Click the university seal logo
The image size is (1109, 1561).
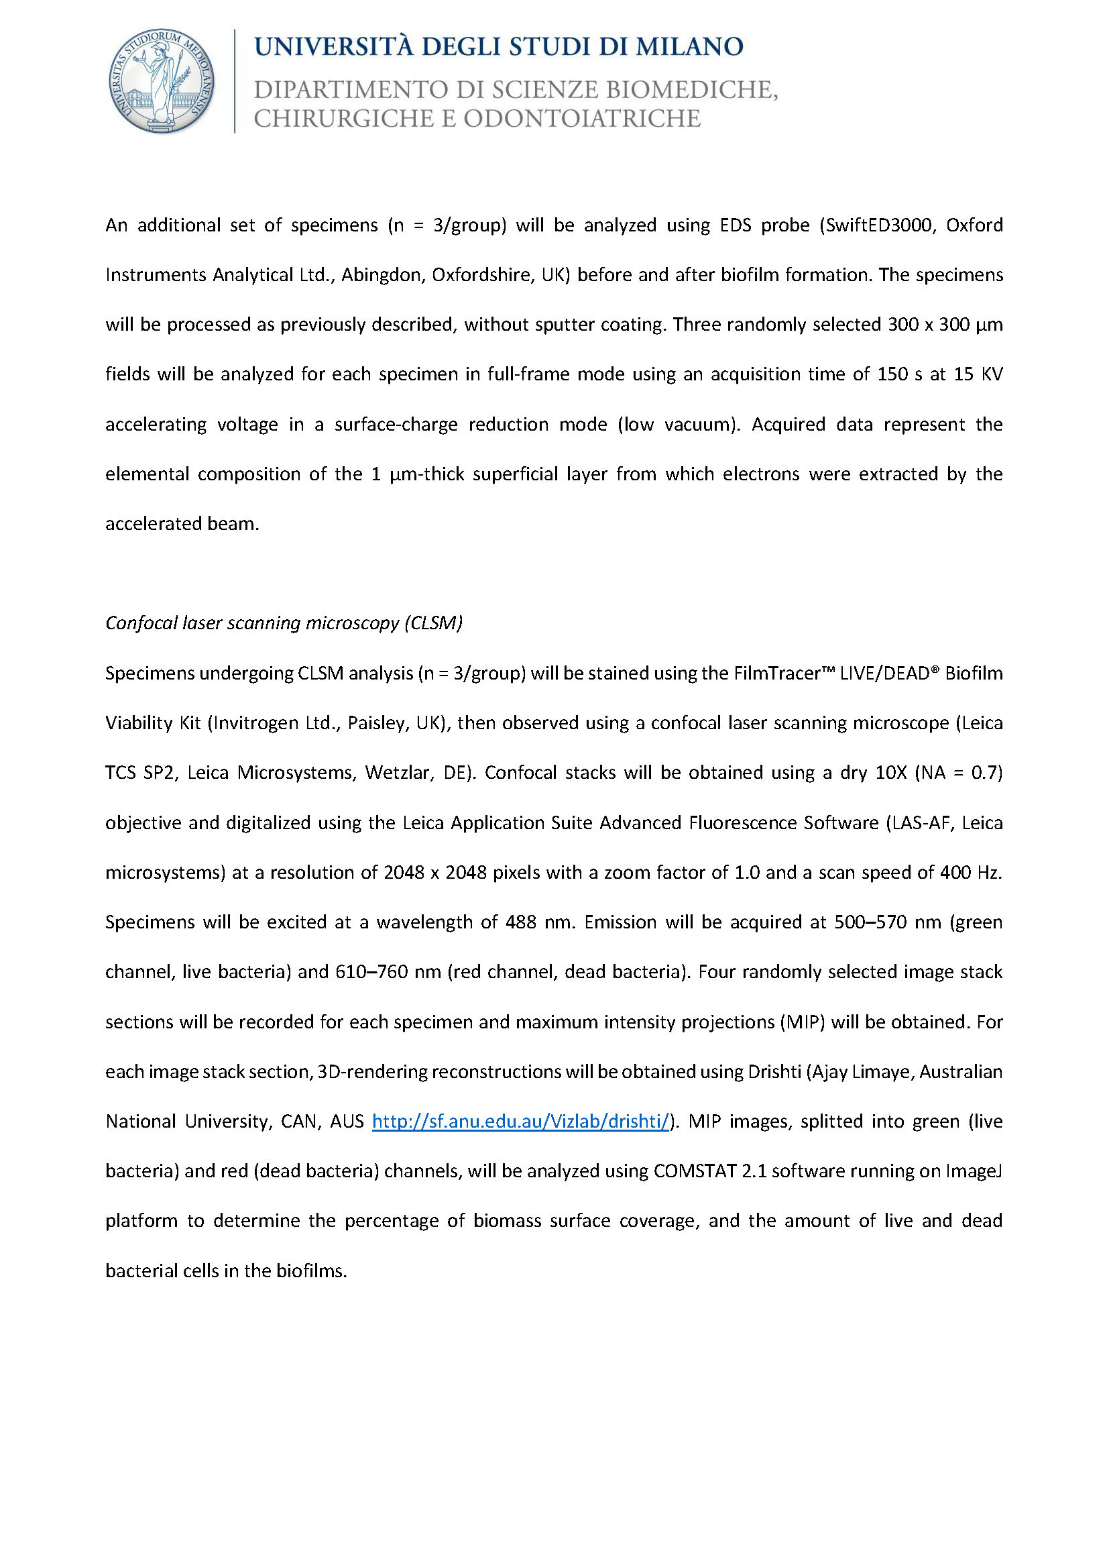click(x=162, y=81)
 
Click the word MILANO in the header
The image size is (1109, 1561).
click(x=689, y=46)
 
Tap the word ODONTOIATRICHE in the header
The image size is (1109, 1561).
click(x=582, y=118)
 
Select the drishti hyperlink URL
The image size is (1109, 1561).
click(x=520, y=1121)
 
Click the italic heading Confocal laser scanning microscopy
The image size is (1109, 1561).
click(x=284, y=623)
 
